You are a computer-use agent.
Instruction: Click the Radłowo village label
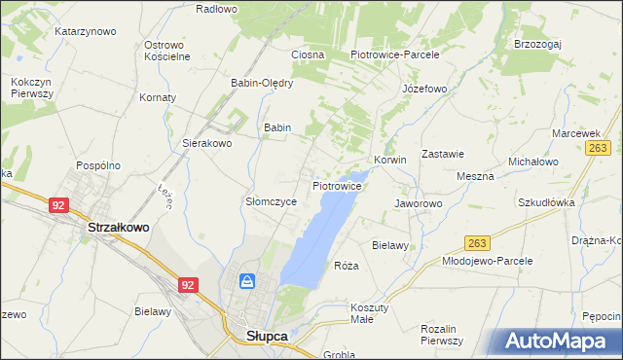click(x=216, y=9)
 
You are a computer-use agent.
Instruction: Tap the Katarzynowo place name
click(x=85, y=31)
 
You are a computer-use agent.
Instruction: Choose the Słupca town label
click(x=260, y=336)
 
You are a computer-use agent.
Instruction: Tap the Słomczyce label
click(x=270, y=201)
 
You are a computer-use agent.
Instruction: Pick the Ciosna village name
click(x=307, y=54)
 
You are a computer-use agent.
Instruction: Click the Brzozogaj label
click(x=542, y=45)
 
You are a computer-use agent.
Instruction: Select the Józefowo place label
click(x=424, y=89)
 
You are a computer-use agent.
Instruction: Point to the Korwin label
click(x=389, y=160)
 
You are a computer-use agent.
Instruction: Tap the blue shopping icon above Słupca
click(x=247, y=282)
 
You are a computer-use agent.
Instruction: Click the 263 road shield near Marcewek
click(x=599, y=147)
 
